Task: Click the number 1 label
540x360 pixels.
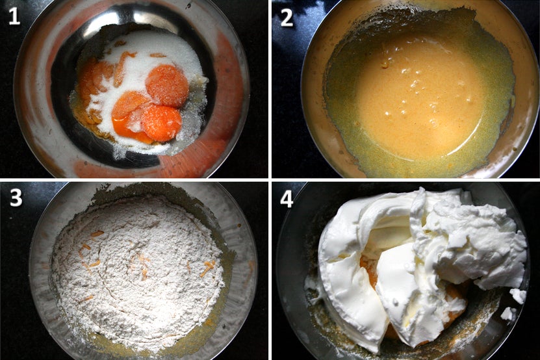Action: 14,16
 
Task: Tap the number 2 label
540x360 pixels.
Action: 287,18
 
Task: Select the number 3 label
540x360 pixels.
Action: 16,198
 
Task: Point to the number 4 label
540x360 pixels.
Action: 287,199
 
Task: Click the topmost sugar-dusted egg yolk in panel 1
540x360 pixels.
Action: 167,85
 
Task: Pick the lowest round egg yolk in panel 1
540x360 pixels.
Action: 161,123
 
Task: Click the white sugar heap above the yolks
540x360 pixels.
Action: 155,52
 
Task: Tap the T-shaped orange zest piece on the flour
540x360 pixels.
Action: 208,267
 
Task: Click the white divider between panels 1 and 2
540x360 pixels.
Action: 270,89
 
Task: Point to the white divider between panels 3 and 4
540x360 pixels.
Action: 270,270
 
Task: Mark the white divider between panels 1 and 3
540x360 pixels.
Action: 134,179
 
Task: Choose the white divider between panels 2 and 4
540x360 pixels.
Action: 405,179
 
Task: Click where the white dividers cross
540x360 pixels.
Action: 270,179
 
